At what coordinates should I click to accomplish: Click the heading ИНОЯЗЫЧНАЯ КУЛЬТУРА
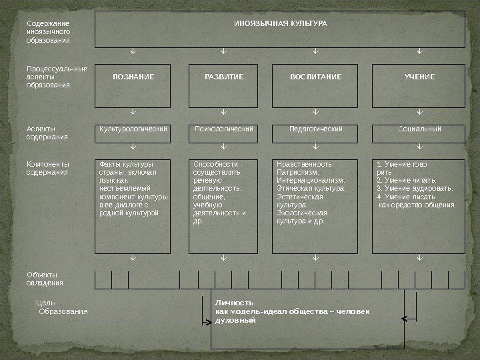[279, 23]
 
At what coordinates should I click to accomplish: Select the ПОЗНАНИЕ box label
[133, 77]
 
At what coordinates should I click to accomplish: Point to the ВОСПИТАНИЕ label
[315, 77]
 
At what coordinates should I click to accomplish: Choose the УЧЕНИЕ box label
[419, 77]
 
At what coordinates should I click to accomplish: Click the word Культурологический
[133, 128]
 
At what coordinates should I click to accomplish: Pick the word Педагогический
[316, 128]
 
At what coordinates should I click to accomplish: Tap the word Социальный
[419, 128]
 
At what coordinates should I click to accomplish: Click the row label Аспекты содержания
[47, 132]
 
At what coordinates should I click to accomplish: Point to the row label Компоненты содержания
[47, 167]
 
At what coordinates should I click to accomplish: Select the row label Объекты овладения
[45, 279]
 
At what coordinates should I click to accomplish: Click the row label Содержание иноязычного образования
[47, 31]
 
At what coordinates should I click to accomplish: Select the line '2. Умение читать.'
[407, 180]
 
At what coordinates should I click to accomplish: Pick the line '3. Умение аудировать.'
[415, 189]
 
